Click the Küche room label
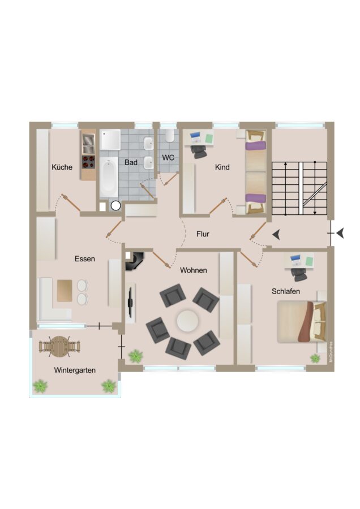62,167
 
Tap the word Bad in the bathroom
131,162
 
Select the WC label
168,158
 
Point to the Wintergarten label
75,370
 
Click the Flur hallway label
203,234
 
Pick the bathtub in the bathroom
109,177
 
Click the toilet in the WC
169,135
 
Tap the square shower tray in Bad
110,140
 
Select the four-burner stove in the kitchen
88,162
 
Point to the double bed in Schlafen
302,321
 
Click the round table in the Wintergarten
59,346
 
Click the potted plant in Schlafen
315,359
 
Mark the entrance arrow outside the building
340,233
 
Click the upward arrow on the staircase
286,188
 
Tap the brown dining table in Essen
65,291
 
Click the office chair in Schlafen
299,274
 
